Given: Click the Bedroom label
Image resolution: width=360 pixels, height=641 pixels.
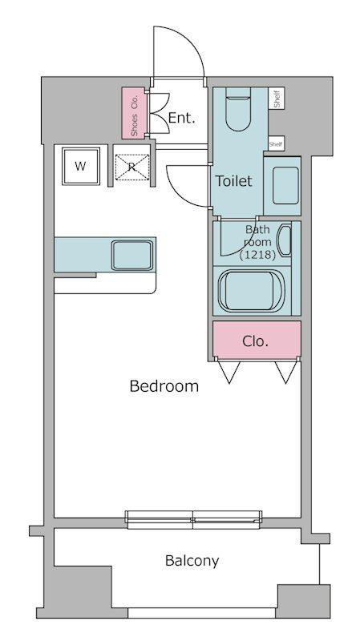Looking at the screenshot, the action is coord(164,386).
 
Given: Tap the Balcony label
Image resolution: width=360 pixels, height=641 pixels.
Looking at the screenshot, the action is coord(192,561).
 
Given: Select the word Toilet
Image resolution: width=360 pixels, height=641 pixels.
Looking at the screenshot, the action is coord(234,181).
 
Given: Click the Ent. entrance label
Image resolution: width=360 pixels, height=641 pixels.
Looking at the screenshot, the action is coord(182,119).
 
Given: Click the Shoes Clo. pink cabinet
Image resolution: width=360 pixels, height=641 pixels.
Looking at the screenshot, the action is coord(134,113).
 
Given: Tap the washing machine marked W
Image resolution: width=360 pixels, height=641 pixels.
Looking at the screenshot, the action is coord(81,167).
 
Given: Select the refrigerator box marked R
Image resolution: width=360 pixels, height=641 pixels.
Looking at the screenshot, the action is coord(131,167).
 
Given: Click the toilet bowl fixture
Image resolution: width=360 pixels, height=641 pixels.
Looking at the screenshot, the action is coord(238,109).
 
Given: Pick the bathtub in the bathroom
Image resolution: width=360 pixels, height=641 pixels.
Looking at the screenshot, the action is coord(251,291).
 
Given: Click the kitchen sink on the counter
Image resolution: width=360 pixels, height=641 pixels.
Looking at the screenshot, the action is coord(132,255).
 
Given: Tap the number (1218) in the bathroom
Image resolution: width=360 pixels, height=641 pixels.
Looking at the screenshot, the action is coord(257,255).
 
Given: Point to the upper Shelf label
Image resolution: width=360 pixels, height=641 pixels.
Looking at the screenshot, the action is coord(277,99).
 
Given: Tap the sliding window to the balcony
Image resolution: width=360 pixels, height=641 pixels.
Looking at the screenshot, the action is coord(193,519).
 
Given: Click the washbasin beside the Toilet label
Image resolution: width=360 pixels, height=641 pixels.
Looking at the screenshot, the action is coord(285,186).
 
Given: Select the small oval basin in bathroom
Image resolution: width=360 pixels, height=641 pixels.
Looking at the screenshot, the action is coord(285,240).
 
